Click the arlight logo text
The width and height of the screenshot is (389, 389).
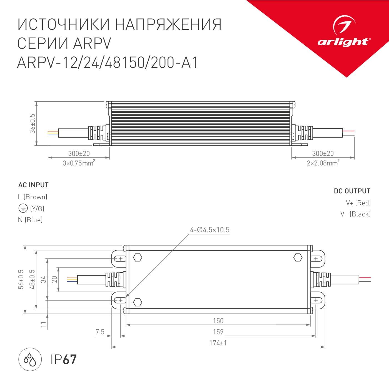pos(343,42)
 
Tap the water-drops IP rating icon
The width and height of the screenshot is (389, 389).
pos(30,359)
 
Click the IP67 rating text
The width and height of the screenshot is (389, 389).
pos(64,359)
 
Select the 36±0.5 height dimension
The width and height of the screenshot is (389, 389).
pos(33,123)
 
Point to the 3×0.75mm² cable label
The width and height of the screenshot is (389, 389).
pos(79,163)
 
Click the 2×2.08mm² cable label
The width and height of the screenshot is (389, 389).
pos(323,163)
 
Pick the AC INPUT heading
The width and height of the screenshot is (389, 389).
pos(33,185)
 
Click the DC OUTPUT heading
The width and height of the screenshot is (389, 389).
pos(352,191)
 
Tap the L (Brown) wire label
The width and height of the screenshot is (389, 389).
pos(33,197)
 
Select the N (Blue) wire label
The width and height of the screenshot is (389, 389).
pos(30,220)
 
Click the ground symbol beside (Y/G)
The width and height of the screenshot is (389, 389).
pos(23,208)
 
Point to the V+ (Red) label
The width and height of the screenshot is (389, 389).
pos(358,203)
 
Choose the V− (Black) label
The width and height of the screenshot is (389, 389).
pos(355,214)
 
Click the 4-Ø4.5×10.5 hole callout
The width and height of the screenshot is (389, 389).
pos(210,230)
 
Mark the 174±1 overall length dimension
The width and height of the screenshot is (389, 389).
pos(218,343)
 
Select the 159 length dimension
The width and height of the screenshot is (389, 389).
pos(218,332)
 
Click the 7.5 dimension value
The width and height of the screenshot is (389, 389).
pos(100,332)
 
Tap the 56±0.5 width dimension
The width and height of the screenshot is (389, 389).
pos(21,280)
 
